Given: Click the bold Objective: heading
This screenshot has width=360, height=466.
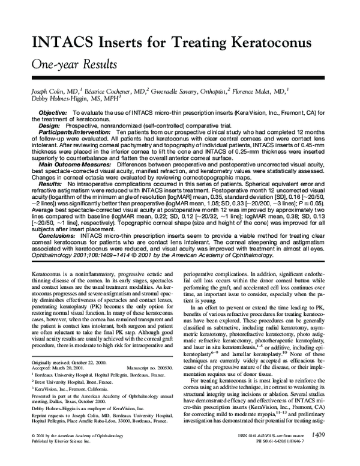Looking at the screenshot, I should click(x=53, y=112).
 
